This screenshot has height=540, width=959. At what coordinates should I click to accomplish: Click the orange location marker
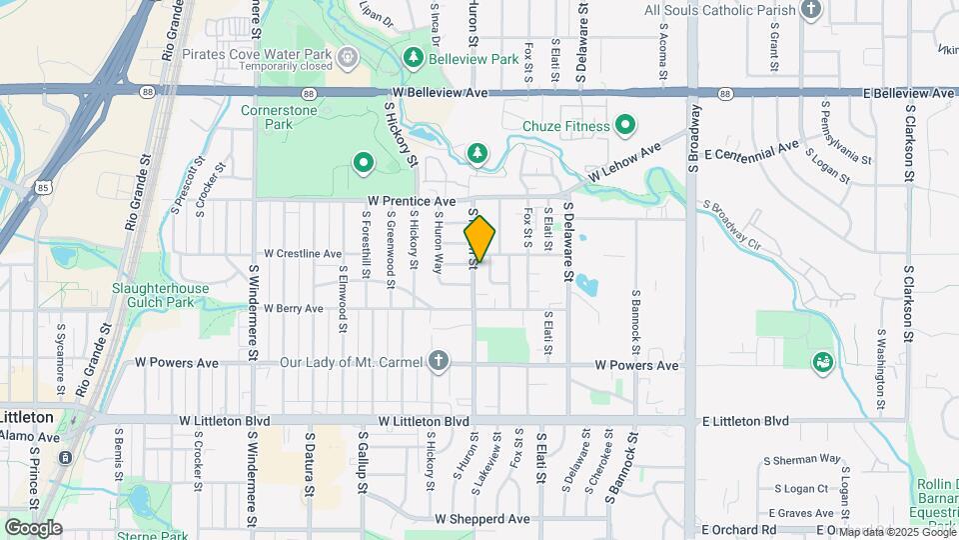coord(479,239)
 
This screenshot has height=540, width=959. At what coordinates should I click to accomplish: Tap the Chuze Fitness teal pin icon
coord(626,126)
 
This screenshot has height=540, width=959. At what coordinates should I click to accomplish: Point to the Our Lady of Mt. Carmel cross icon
coord(438,362)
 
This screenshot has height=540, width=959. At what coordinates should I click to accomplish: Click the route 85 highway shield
coord(42,186)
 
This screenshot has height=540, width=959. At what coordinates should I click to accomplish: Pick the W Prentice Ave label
coord(411,201)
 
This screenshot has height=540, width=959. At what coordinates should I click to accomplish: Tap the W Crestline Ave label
coord(303,254)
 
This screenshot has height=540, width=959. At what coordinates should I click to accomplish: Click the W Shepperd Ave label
coord(481,519)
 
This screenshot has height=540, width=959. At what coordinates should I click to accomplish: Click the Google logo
coord(33,527)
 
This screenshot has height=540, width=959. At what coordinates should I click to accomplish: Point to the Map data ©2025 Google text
coord(898,531)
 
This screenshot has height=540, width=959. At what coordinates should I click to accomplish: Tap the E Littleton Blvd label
coord(745,421)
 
